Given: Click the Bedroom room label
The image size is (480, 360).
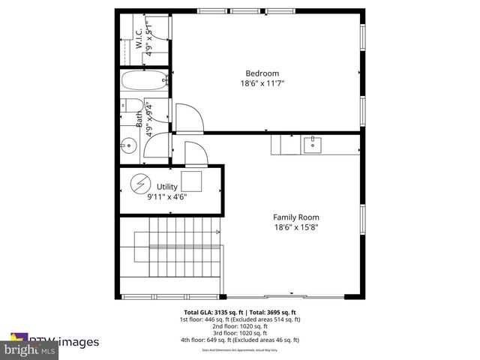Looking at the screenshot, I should tap(256, 73).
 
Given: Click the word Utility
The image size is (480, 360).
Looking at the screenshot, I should tap(166, 186).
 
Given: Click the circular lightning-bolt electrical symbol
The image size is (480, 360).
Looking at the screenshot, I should tap(140, 184).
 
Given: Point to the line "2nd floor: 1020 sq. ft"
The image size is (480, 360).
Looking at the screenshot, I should tap(239, 326).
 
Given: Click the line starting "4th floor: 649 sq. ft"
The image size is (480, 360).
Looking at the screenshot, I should tap(239, 340).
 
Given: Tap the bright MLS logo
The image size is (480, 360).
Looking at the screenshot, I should tap(30, 349).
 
